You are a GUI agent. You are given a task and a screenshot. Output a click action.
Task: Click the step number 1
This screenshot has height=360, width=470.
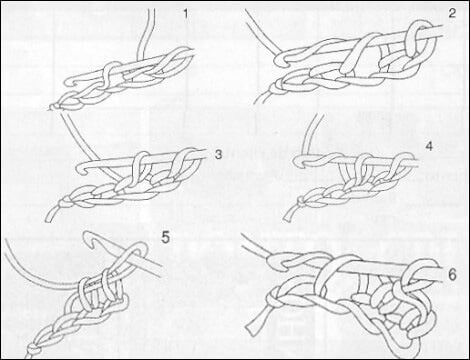[x=186, y=15]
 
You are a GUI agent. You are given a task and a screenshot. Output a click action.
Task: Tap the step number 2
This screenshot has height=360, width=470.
[x=452, y=13]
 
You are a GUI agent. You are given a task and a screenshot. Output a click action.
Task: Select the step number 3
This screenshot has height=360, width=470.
[x=218, y=155]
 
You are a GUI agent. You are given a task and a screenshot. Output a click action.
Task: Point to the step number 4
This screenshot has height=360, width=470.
[x=429, y=146]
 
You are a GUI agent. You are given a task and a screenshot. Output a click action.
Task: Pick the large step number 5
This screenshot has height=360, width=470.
[x=166, y=238]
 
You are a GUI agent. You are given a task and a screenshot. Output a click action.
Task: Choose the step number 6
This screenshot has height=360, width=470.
[x=452, y=275]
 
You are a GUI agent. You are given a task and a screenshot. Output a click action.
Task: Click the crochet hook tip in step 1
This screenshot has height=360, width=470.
[x=67, y=82]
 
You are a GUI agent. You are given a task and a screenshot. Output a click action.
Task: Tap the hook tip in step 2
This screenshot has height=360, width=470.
[x=278, y=60]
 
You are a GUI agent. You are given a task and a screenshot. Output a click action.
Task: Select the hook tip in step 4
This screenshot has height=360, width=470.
[x=298, y=161]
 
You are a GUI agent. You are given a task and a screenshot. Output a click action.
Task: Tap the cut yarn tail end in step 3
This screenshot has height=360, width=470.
[x=49, y=218]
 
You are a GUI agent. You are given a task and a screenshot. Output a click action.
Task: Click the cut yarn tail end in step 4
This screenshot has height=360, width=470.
[x=287, y=217]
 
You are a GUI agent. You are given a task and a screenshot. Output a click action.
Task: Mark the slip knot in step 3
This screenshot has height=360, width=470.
[x=65, y=202]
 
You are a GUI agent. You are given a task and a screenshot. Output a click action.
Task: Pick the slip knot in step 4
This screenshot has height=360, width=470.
[x=301, y=201]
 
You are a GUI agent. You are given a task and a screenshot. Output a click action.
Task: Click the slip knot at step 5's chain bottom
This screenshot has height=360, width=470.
[x=33, y=350]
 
